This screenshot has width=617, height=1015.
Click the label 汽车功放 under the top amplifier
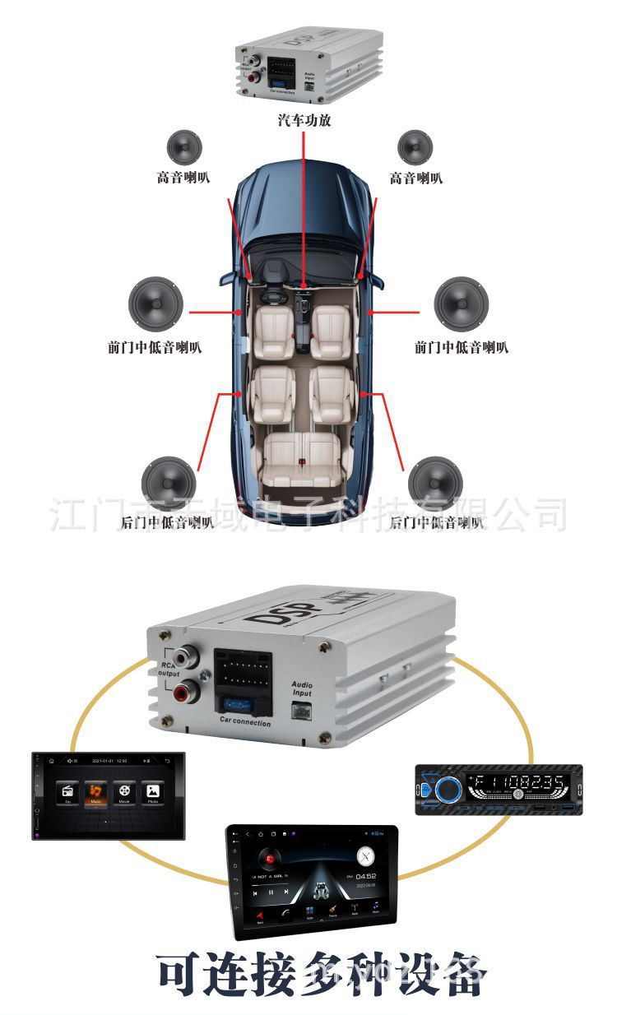[x=304, y=121]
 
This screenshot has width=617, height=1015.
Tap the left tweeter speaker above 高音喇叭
[x=184, y=148]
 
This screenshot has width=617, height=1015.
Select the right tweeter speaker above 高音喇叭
[x=415, y=148]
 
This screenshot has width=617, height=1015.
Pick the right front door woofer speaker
[x=462, y=304]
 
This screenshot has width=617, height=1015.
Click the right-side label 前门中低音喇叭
[x=462, y=347]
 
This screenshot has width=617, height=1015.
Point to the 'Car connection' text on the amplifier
[x=244, y=722]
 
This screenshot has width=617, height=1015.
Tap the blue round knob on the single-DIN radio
[x=448, y=789]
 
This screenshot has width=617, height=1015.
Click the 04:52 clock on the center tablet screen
[x=365, y=876]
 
